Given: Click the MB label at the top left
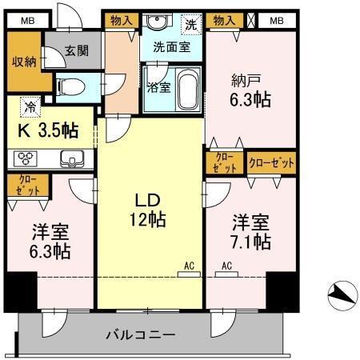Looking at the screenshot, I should (26, 21).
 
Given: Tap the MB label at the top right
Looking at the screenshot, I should (276, 21).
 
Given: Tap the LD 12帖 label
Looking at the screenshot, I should (149, 210).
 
